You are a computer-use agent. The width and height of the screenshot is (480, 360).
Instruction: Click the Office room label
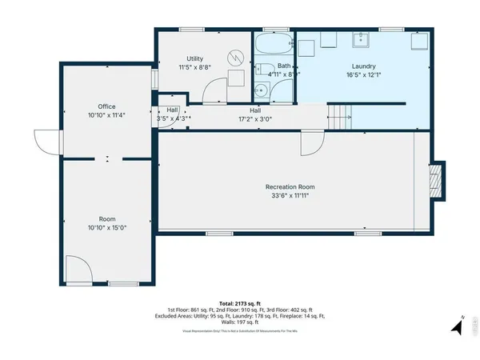107,106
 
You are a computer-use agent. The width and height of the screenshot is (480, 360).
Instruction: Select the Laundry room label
362,66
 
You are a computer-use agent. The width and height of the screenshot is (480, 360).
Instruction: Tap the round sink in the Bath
262,90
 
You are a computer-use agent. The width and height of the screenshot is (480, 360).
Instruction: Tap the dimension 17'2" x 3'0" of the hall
255,119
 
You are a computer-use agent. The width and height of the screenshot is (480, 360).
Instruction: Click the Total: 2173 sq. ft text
240,303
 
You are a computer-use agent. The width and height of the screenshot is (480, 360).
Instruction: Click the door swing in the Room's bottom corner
78,270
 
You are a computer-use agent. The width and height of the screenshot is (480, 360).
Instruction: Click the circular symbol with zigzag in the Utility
235,57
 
